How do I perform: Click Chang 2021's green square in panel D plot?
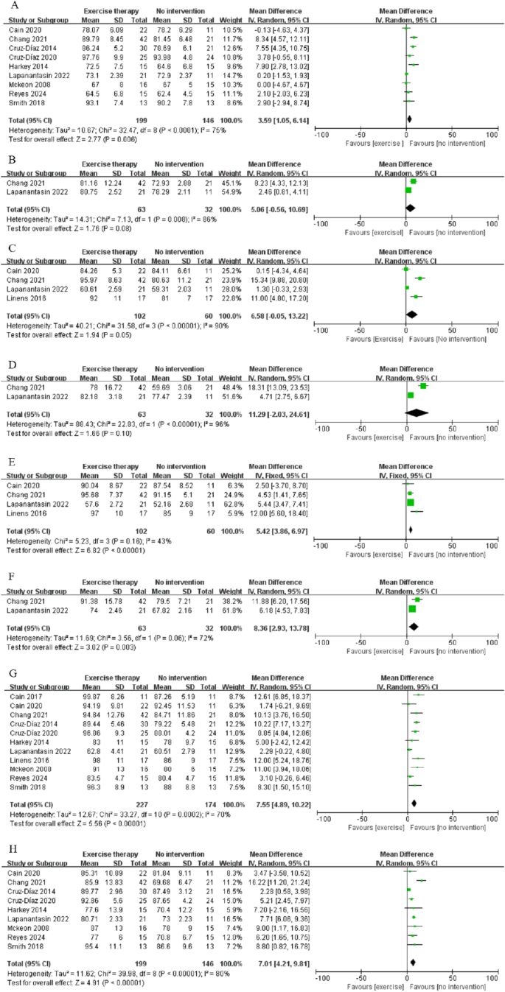click(x=422, y=385)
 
